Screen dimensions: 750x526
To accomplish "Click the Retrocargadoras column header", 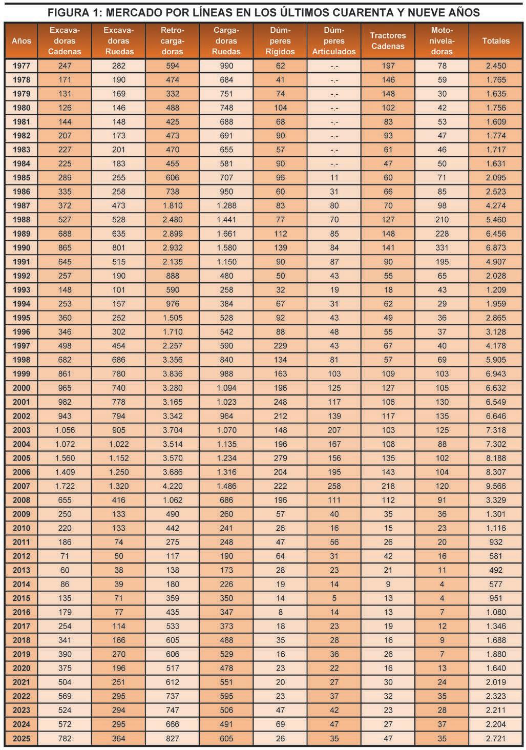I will click(x=172, y=40).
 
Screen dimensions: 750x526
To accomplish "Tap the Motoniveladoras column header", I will click(x=441, y=40).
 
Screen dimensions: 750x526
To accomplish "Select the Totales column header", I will click(x=495, y=40).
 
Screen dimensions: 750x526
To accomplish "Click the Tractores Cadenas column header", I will click(x=388, y=40).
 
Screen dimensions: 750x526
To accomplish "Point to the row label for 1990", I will click(x=22, y=248).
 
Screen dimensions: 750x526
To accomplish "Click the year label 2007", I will click(x=22, y=486).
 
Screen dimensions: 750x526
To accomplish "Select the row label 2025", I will click(x=22, y=739).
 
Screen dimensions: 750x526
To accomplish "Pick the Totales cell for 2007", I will click(x=495, y=486).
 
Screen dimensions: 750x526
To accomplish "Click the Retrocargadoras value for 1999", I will click(x=172, y=374).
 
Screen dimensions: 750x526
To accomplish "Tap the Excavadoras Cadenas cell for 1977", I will click(x=65, y=66).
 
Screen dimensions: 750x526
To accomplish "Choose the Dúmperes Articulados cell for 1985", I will click(x=334, y=178).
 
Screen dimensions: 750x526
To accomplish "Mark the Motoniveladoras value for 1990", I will click(x=441, y=248).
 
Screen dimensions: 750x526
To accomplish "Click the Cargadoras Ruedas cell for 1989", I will click(x=226, y=234).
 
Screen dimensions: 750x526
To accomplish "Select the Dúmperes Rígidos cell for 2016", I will click(x=280, y=612).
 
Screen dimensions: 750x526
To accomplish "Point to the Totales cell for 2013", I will click(x=495, y=570).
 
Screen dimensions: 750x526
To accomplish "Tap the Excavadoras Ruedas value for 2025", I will click(x=118, y=739).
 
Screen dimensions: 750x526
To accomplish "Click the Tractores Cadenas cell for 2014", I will click(x=388, y=584).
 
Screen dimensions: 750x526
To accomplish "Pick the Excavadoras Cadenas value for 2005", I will click(x=65, y=458).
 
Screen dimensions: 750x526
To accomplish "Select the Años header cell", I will click(x=22, y=40).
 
